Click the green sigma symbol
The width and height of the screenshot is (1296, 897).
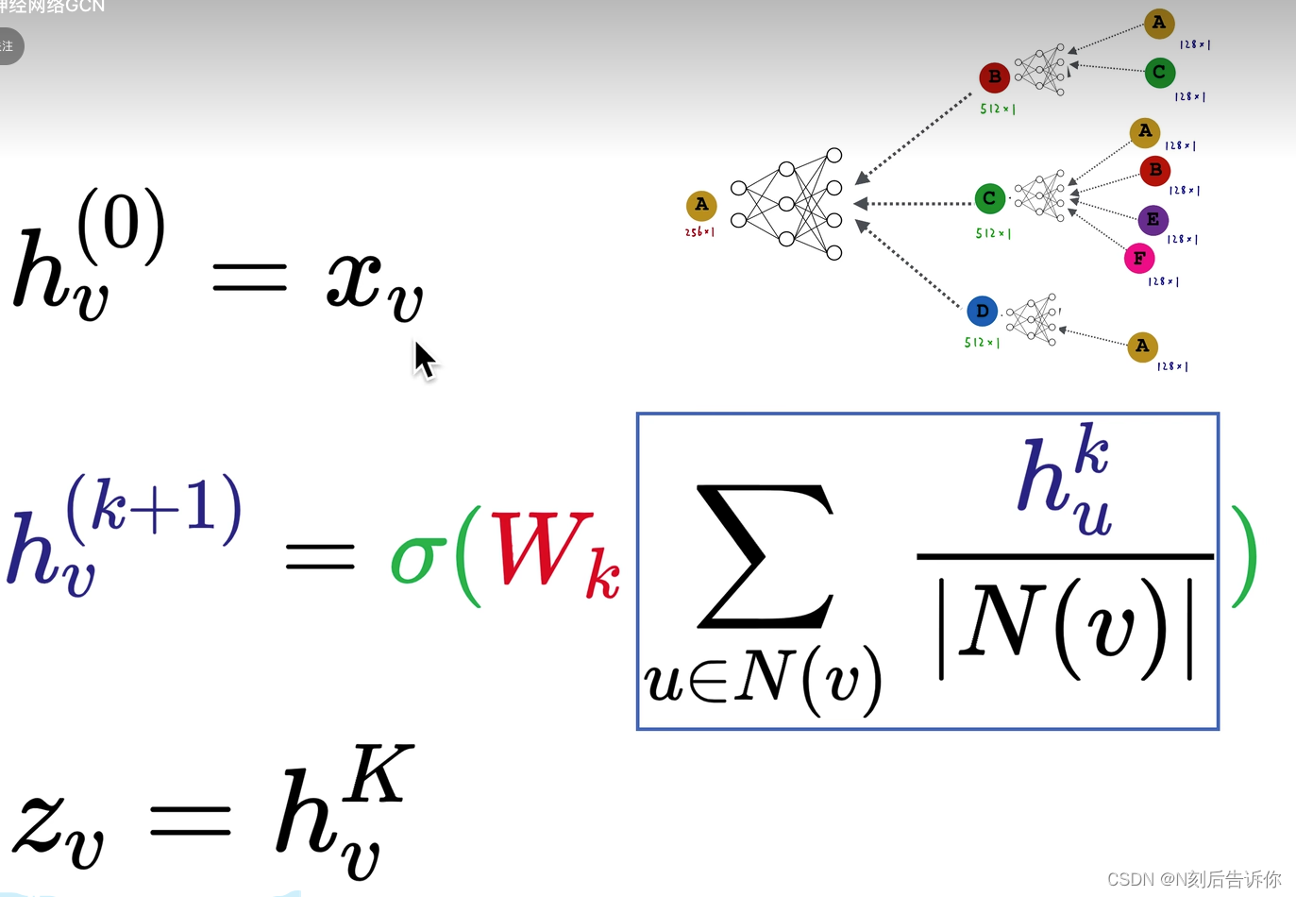pyautogui.click(x=417, y=558)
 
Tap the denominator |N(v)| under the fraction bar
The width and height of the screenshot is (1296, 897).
pyautogui.click(x=1066, y=628)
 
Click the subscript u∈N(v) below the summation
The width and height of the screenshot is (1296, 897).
pyautogui.click(x=763, y=678)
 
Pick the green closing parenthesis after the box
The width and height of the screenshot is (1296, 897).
pyautogui.click(x=1243, y=557)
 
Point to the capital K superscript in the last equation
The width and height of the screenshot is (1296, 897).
pyautogui.click(x=378, y=774)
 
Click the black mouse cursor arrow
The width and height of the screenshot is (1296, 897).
pyautogui.click(x=424, y=360)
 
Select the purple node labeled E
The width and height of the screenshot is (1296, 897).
pyautogui.click(x=1153, y=220)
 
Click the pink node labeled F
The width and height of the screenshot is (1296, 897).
pyautogui.click(x=1139, y=258)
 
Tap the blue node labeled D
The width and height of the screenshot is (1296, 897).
pyautogui.click(x=982, y=311)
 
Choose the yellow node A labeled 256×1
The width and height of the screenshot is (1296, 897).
pyautogui.click(x=700, y=205)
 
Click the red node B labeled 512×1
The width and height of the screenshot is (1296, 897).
pyautogui.click(x=994, y=76)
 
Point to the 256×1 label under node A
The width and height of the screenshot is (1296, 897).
pyautogui.click(x=699, y=232)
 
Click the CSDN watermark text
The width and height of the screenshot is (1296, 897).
pyautogui.click(x=1193, y=879)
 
